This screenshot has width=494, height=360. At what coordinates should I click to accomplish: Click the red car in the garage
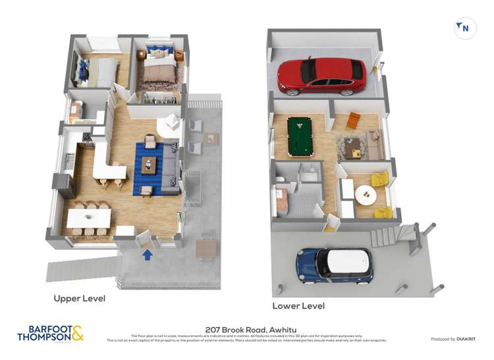[x=321, y=75]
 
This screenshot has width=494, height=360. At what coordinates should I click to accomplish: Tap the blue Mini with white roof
[x=334, y=265]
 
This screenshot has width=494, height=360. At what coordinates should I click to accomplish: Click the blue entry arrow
[x=148, y=254]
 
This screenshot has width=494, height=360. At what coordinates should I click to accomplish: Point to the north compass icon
[x=464, y=28]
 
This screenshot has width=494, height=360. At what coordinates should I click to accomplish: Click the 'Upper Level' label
[x=79, y=298]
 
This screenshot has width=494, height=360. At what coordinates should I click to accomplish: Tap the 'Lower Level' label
[x=298, y=306]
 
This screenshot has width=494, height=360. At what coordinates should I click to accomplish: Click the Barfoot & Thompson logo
[x=50, y=334]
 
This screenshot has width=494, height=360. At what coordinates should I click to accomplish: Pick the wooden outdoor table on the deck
[x=206, y=247]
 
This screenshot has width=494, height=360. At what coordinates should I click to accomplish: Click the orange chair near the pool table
[x=354, y=120]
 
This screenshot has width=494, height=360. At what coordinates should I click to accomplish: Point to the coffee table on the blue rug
[x=149, y=166]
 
